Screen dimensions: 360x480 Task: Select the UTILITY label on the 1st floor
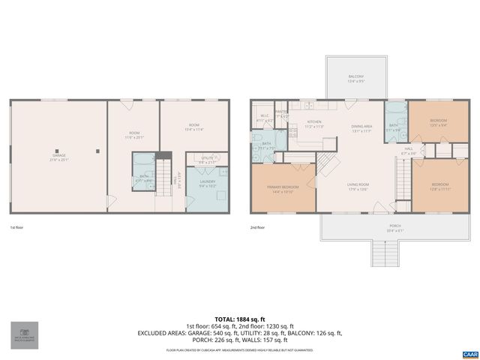[x=208, y=158]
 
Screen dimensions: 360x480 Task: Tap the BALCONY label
[x=355, y=77]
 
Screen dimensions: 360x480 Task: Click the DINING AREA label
[x=361, y=127]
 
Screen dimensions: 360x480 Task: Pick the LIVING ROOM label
[x=357, y=185]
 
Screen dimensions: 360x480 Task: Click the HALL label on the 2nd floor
[x=409, y=150]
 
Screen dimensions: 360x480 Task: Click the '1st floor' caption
[x=16, y=226]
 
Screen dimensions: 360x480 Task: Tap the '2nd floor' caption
[x=257, y=226]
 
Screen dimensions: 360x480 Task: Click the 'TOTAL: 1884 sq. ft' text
[x=239, y=319]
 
